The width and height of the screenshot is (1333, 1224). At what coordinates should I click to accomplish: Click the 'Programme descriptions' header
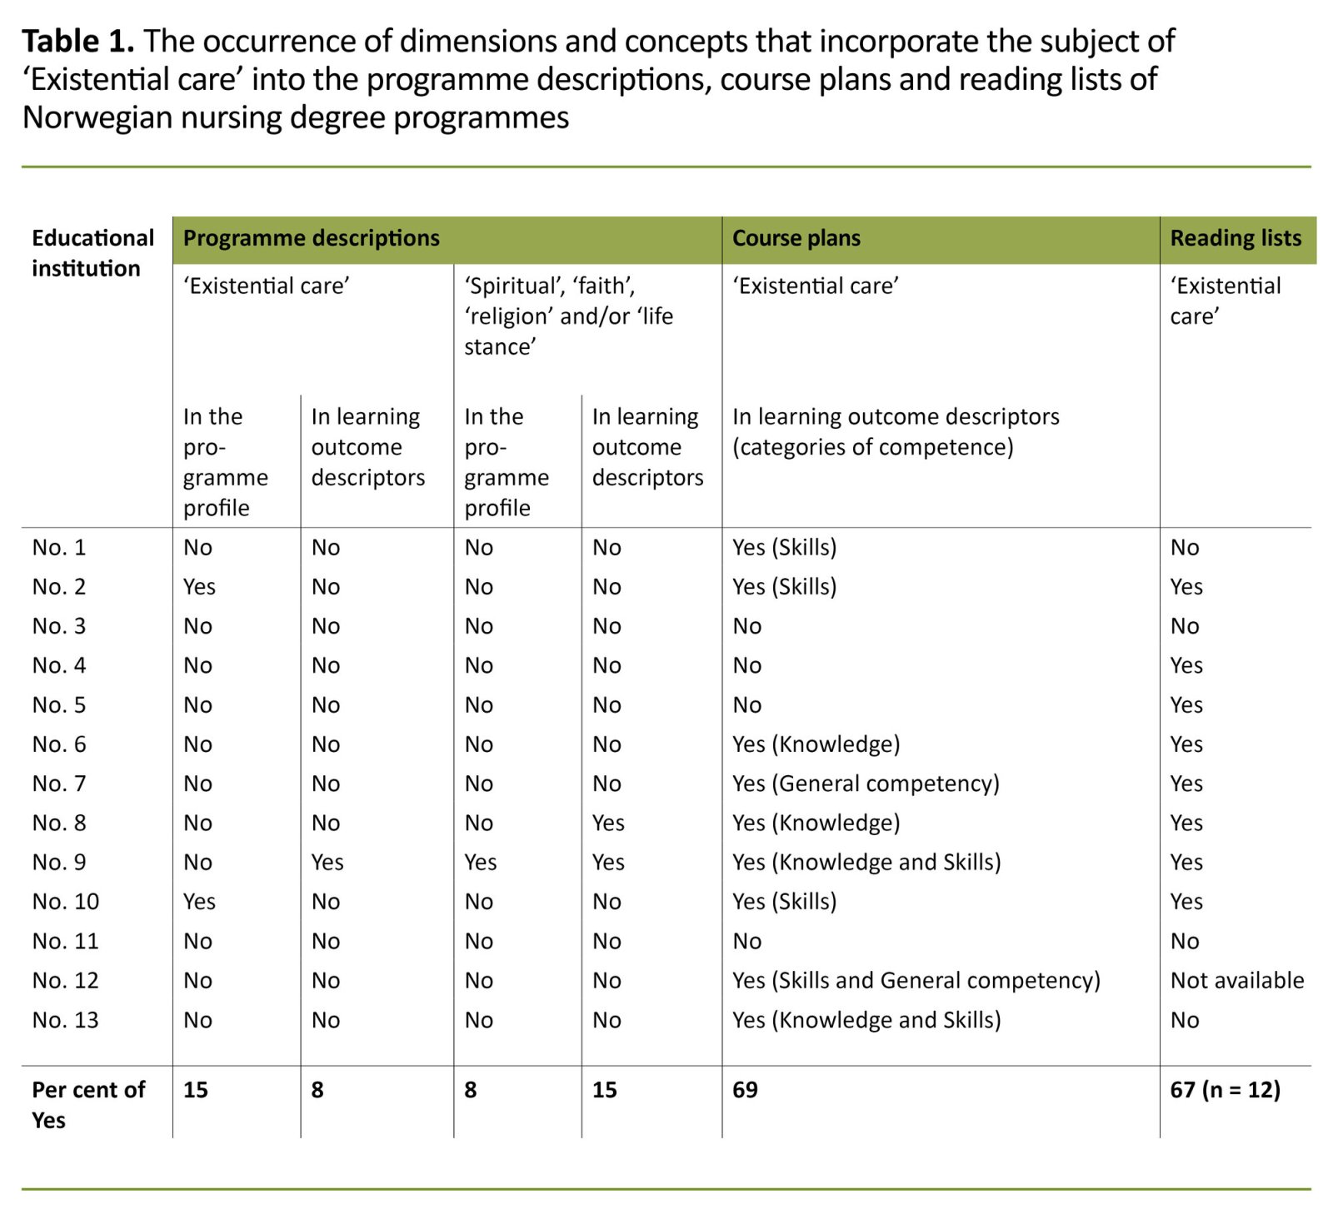tap(311, 238)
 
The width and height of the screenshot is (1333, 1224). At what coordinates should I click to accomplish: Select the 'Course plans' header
tap(796, 238)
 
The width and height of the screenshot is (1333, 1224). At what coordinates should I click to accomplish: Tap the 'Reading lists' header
tap(1235, 238)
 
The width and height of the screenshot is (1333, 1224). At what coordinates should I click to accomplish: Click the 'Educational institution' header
tap(92, 253)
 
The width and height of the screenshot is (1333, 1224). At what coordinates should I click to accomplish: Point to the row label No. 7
tap(58, 784)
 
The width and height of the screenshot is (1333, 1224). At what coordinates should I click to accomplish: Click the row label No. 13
tap(65, 1020)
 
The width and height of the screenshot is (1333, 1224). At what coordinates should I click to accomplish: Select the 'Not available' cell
tap(1236, 981)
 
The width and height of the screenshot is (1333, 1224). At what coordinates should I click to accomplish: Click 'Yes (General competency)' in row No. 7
tap(865, 784)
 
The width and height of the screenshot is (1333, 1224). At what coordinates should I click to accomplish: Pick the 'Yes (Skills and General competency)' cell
tap(916, 981)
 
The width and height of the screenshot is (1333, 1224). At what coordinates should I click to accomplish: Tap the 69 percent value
tap(745, 1090)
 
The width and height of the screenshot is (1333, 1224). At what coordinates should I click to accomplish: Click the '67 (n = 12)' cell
tap(1225, 1090)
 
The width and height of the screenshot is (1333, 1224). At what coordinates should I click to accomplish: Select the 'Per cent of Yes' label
tap(87, 1104)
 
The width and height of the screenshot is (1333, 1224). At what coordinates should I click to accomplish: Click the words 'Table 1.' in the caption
tap(77, 41)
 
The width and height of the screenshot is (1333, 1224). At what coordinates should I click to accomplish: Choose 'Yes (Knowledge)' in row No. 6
tap(816, 744)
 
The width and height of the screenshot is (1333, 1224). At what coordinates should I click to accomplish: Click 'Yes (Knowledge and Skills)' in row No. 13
tap(866, 1020)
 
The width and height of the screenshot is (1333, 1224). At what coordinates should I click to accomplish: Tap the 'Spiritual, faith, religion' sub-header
tap(568, 316)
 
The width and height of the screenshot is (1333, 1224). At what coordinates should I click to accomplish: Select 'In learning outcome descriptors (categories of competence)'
tap(896, 431)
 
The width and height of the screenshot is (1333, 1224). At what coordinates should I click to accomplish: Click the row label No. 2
tap(58, 587)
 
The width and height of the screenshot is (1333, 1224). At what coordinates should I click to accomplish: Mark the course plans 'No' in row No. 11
tap(746, 942)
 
